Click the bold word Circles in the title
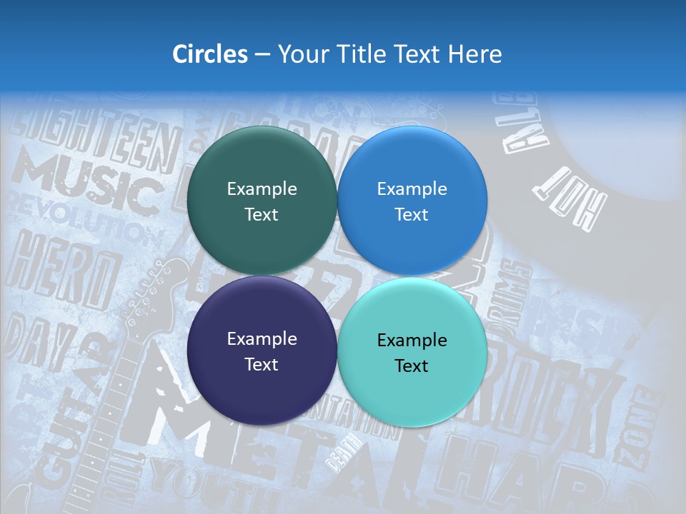click(209, 54)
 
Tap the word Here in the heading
click(474, 54)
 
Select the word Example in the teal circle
click(412, 341)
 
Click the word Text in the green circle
click(262, 215)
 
